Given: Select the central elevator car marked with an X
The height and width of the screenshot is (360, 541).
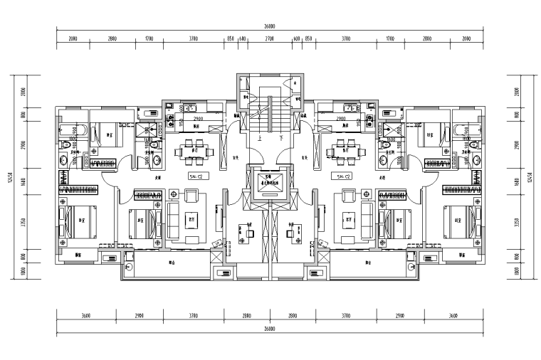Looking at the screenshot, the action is (x=270, y=179).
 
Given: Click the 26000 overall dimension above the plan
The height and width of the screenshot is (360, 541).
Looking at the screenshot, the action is (x=270, y=28).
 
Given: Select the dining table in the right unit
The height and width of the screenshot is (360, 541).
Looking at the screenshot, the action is (x=350, y=149).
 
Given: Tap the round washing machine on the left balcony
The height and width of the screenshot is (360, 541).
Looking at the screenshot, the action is (x=130, y=266).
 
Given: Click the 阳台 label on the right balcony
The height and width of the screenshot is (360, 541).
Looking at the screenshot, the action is (x=369, y=263).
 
